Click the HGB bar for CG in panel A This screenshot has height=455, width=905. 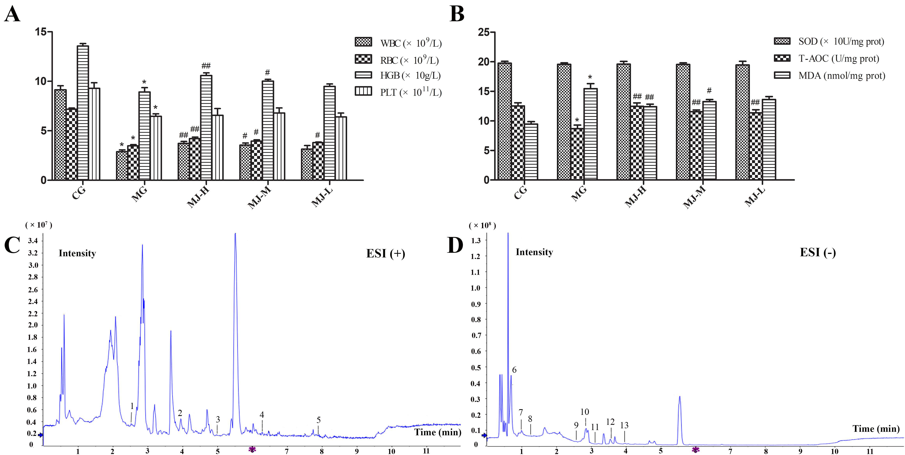pyautogui.click(x=83, y=113)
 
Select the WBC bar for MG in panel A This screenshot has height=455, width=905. pyautogui.click(x=122, y=165)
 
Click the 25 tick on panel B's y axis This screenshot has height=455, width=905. pyautogui.click(x=483, y=32)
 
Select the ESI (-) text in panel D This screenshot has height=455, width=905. pyautogui.click(x=817, y=252)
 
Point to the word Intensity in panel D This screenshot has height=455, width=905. pyautogui.click(x=534, y=252)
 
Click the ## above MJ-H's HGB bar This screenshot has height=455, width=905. pyautogui.click(x=206, y=66)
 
